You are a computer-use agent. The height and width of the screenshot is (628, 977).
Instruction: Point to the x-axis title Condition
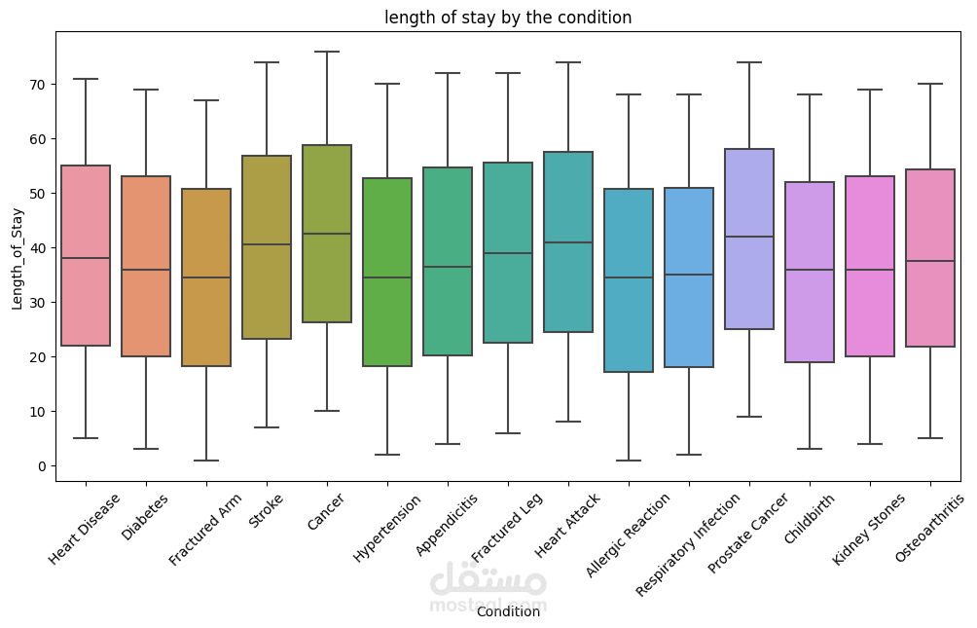[508, 611]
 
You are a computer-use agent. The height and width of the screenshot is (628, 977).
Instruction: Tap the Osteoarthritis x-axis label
[929, 528]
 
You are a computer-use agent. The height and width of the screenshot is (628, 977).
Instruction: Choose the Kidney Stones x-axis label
[869, 529]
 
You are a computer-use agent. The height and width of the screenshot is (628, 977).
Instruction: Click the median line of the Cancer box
[327, 234]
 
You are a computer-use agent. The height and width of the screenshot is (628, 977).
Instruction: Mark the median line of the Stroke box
[267, 244]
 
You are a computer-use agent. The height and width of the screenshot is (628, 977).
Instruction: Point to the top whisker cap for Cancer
[327, 52]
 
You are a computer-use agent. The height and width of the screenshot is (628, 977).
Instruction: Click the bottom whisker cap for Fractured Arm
[206, 461]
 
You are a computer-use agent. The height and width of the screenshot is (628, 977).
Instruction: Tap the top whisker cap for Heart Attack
[568, 62]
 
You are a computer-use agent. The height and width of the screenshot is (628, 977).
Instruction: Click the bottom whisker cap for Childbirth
[810, 449]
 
